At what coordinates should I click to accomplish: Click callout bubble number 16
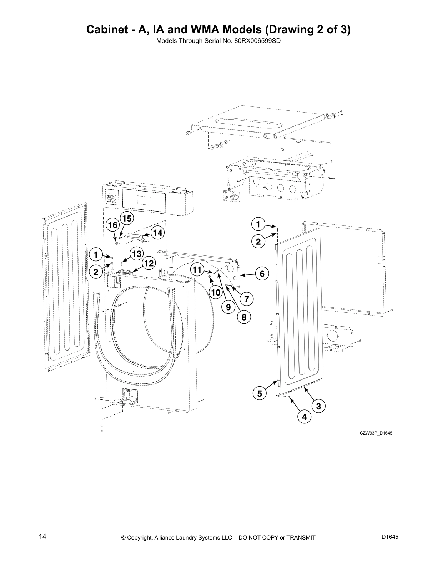(112, 225)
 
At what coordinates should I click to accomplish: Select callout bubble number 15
(127, 218)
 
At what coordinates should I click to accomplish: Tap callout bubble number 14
(157, 233)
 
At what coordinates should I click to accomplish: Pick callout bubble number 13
(136, 254)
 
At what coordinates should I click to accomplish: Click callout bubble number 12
(149, 263)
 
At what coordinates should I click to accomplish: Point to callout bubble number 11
(197, 269)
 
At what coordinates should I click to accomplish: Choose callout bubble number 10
(216, 293)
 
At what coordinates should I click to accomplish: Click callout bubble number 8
(244, 317)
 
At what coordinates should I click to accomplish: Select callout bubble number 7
(246, 298)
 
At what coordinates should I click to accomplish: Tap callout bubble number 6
(262, 274)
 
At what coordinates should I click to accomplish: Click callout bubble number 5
(260, 393)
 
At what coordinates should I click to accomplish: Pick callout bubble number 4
(304, 417)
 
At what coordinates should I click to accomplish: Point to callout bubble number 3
(318, 406)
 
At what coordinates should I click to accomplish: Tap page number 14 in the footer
(42, 536)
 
